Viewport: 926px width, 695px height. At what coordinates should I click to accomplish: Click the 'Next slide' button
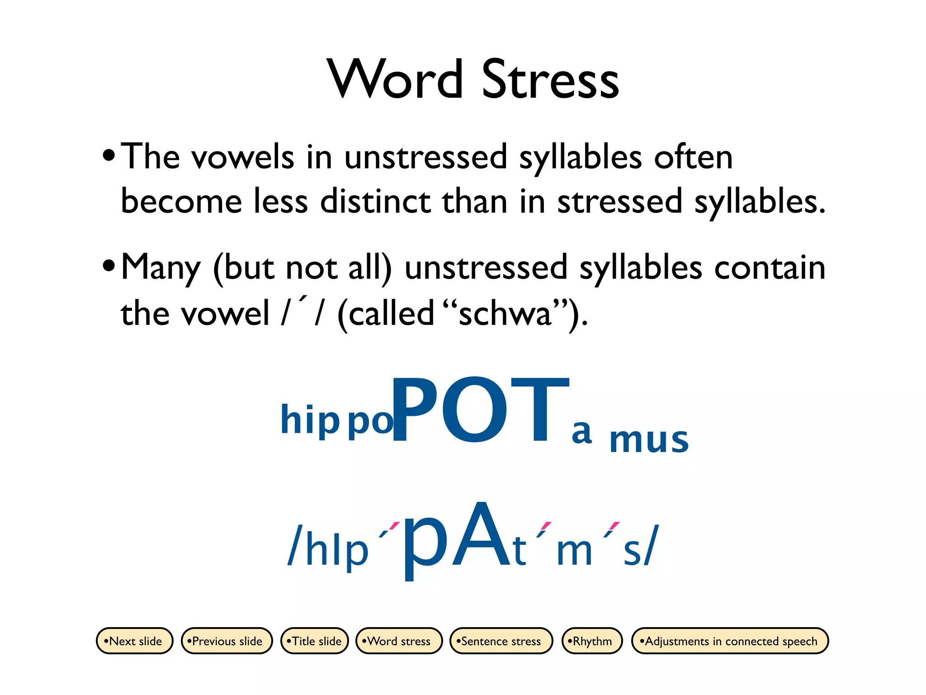(x=134, y=641)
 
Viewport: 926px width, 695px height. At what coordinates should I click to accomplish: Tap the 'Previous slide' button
(x=227, y=641)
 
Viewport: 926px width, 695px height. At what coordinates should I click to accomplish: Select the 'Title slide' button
(x=315, y=641)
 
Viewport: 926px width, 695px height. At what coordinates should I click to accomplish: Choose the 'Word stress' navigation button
(x=399, y=641)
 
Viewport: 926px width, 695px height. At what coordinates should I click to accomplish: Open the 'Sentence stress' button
(x=501, y=641)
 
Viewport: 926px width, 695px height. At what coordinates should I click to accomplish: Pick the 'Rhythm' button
(x=592, y=641)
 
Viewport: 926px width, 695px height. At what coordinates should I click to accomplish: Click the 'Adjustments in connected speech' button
(x=730, y=641)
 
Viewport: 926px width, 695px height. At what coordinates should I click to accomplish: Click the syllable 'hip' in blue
(x=310, y=420)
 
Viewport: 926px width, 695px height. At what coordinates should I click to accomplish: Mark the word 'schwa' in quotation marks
(x=505, y=314)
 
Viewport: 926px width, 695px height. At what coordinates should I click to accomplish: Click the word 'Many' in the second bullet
(x=161, y=268)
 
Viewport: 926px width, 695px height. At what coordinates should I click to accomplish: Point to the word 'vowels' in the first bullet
(x=243, y=157)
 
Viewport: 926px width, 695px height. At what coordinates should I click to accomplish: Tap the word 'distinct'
(x=375, y=201)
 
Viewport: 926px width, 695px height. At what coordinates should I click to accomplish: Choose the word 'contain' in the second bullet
(x=770, y=267)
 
